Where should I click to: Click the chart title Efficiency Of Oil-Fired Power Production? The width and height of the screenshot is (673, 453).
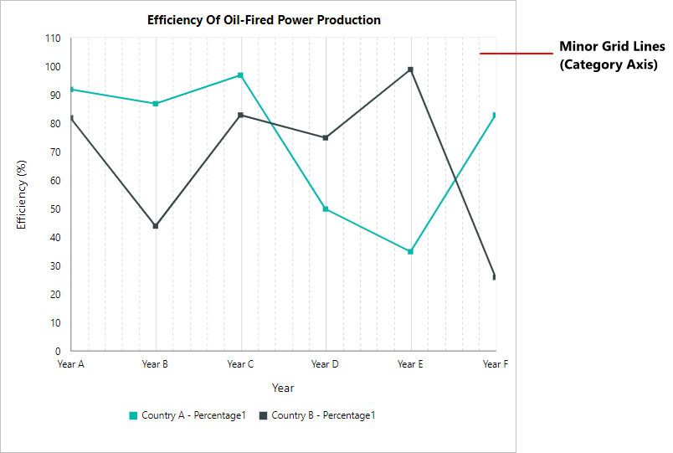click(264, 19)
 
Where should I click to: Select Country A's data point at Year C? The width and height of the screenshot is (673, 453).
click(240, 75)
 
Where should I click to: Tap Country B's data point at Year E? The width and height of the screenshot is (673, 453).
click(410, 69)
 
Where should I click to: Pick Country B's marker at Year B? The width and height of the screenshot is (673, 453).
click(156, 226)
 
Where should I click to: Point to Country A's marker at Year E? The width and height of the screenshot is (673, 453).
click(410, 251)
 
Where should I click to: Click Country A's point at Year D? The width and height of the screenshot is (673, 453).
click(326, 208)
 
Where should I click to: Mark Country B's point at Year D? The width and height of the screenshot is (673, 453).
click(326, 137)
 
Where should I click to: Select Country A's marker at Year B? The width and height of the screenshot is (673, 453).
click(156, 104)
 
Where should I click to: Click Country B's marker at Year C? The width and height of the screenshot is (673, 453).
click(240, 115)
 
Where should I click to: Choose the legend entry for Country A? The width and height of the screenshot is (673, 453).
click(187, 415)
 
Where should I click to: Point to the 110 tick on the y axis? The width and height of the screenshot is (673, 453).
click(53, 39)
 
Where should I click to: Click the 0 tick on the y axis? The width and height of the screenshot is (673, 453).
click(58, 352)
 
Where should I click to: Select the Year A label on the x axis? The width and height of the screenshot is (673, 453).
click(70, 364)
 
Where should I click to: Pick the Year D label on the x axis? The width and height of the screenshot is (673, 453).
click(325, 364)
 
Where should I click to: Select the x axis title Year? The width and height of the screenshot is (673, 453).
click(283, 388)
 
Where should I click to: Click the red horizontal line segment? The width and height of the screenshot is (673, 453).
click(516, 54)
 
